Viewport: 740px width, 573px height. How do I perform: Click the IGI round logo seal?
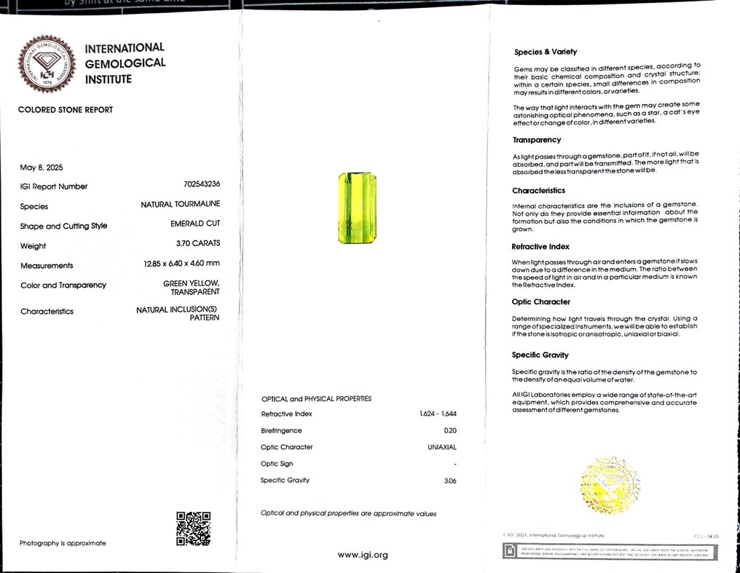pos(47,64)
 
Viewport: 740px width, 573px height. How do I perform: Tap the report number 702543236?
pos(202,185)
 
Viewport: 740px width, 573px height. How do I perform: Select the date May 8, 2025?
pos(42,167)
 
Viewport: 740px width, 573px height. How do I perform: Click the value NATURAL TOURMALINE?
pos(180,205)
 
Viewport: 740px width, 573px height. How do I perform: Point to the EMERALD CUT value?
pos(195,224)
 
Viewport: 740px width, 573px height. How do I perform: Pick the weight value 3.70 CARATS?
pos(197,243)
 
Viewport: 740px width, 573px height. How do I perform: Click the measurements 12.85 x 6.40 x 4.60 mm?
pos(181,264)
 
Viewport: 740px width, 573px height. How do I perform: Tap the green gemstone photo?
pos(356,208)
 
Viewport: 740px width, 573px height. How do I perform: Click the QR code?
pos(193,529)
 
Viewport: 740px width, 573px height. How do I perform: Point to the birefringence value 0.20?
pos(449,430)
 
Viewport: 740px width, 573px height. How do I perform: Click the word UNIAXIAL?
pos(441,447)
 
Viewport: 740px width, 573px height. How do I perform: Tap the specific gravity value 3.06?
pos(449,481)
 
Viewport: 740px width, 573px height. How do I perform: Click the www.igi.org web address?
pos(362,555)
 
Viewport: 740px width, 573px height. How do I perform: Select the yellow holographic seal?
pos(610,484)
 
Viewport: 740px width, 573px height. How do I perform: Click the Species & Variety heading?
pos(545,52)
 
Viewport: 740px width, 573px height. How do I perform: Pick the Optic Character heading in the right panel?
pos(540,301)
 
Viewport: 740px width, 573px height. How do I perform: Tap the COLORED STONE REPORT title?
pos(66,110)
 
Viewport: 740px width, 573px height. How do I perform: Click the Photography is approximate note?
pos(63,543)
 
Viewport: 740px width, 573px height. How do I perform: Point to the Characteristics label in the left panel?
pos(47,312)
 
